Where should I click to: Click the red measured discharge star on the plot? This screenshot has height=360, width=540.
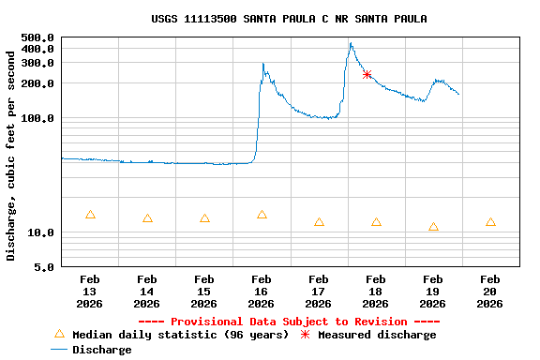[367, 74]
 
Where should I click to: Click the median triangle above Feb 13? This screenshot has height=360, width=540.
[90, 215]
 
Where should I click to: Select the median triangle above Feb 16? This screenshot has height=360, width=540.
[262, 215]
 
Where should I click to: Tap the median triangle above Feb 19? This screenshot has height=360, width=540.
[433, 227]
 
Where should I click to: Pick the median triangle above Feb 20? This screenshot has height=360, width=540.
[490, 222]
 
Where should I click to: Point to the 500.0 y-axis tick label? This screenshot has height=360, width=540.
[37, 37]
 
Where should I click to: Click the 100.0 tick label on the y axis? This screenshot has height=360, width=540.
[37, 118]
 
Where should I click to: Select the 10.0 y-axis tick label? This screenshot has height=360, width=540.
[41, 232]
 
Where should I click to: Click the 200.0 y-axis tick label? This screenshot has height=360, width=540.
[37, 83]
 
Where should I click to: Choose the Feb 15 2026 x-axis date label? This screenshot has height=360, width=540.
[203, 291]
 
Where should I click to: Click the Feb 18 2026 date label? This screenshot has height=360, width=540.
[375, 291]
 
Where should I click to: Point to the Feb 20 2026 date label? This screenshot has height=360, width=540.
[489, 291]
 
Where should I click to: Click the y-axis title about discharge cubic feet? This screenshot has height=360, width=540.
[11, 156]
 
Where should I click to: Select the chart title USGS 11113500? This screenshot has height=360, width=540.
[289, 19]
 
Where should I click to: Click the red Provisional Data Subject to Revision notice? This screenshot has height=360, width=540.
[289, 322]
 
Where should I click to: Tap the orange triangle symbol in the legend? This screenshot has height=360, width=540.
[59, 334]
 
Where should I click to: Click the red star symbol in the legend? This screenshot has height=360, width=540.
[305, 334]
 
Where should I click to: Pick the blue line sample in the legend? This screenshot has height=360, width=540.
[59, 350]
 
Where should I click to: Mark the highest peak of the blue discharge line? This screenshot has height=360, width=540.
[351, 43]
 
